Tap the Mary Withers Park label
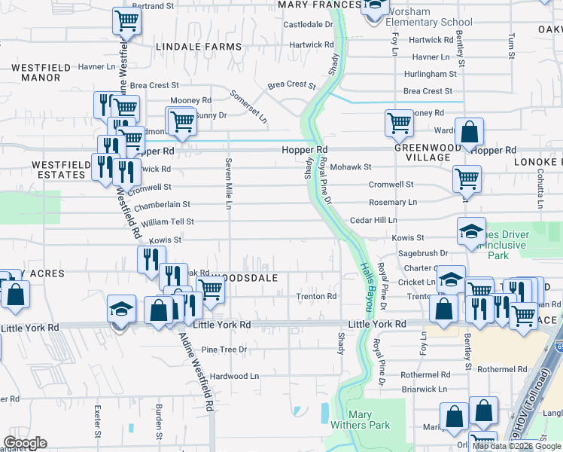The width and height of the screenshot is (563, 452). pyautogui.click(x=370, y=420)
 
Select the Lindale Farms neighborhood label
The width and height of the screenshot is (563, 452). pyautogui.click(x=199, y=47)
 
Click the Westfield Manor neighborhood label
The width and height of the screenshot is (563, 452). pyautogui.click(x=35, y=72)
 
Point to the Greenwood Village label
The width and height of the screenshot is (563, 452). pyautogui.click(x=427, y=153)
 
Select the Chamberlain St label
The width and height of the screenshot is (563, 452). pyautogui.click(x=162, y=204)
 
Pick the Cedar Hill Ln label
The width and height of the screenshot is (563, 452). pyautogui.click(x=373, y=220)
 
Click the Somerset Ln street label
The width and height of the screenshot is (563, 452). pyautogui.click(x=258, y=107)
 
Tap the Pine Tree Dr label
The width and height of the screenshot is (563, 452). pyautogui.click(x=224, y=350)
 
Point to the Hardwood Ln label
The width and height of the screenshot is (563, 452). pyautogui.click(x=234, y=376)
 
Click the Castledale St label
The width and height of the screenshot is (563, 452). pyautogui.click(x=308, y=25)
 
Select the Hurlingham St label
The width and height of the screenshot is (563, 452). pyautogui.click(x=430, y=75)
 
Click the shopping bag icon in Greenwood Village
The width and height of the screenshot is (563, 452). pyautogui.click(x=469, y=133)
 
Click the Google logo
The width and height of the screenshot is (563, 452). pyautogui.click(x=26, y=443)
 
